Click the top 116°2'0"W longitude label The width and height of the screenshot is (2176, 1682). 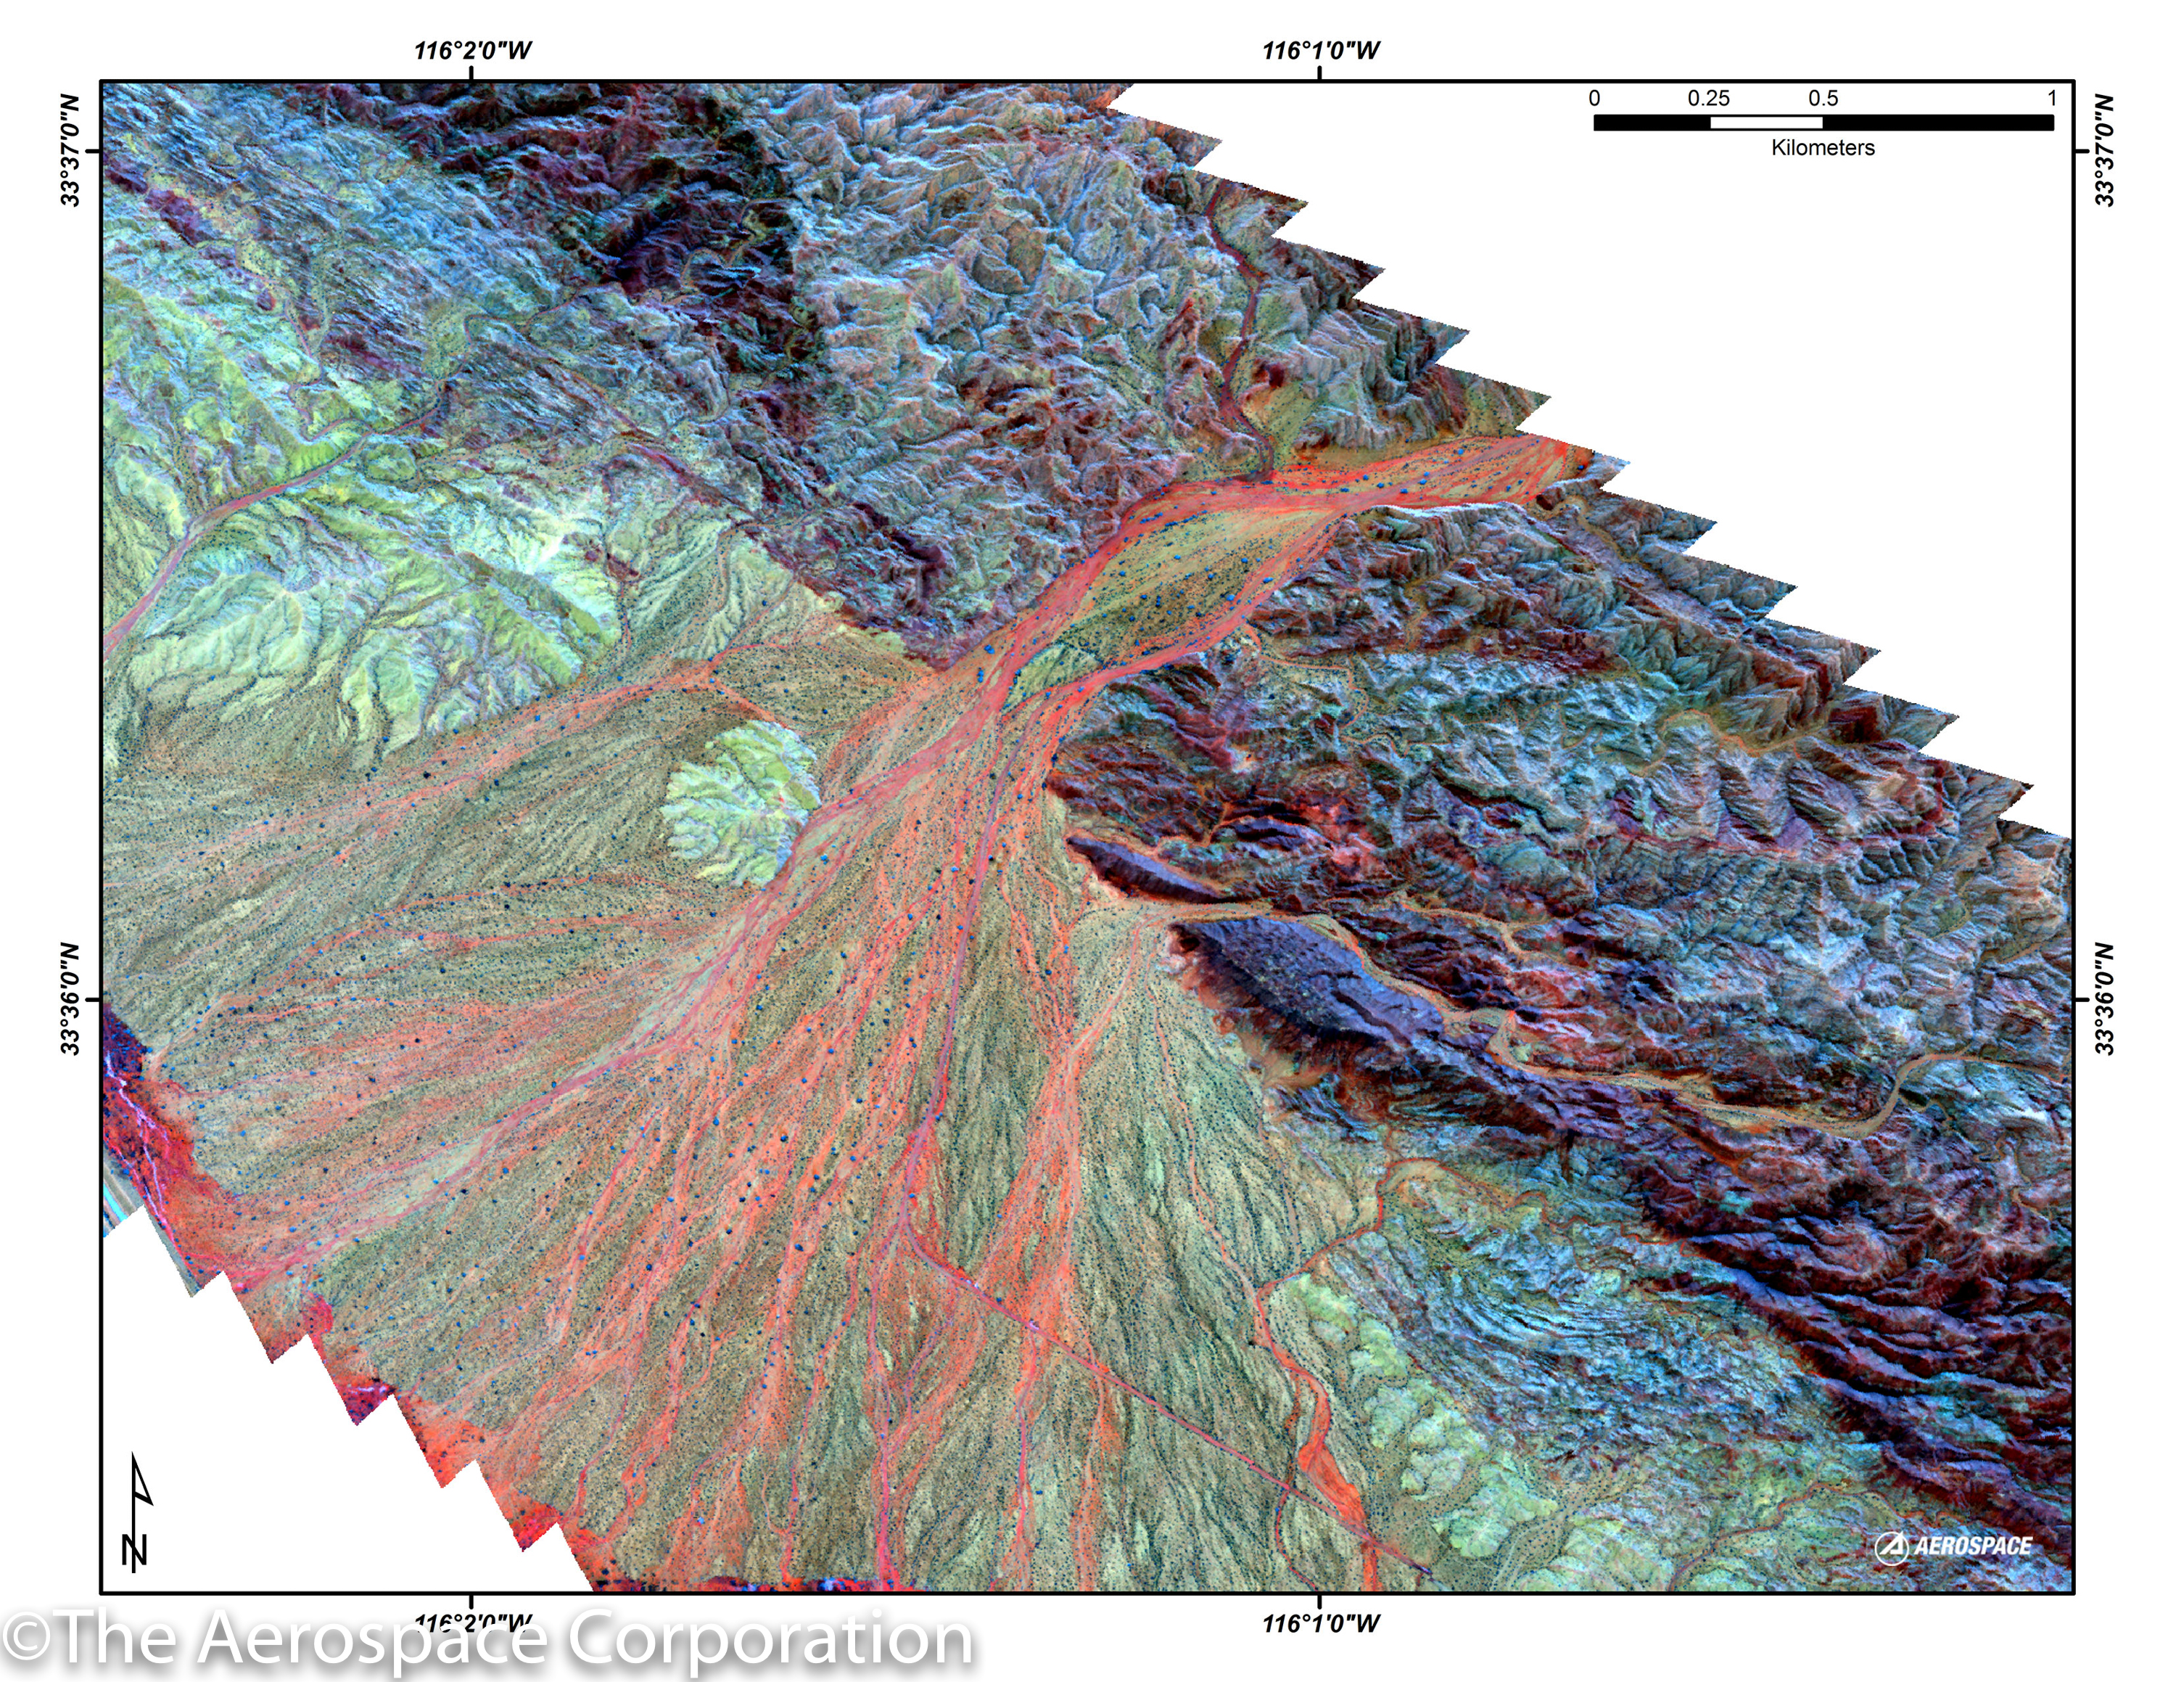[472, 50]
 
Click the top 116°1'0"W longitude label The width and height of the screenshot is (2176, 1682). [1320, 50]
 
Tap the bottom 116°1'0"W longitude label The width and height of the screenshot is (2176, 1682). [1320, 1623]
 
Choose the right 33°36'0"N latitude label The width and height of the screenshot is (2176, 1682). [2104, 998]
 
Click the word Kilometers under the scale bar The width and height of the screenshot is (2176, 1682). [1822, 147]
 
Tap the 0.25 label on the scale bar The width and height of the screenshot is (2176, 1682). [1709, 99]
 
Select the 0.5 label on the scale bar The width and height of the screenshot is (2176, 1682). [1823, 99]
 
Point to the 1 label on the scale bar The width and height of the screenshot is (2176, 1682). [2051, 99]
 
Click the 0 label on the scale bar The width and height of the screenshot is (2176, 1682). [1595, 99]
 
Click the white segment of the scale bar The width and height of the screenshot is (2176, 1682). [1766, 123]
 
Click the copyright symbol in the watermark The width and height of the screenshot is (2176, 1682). [27, 1640]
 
